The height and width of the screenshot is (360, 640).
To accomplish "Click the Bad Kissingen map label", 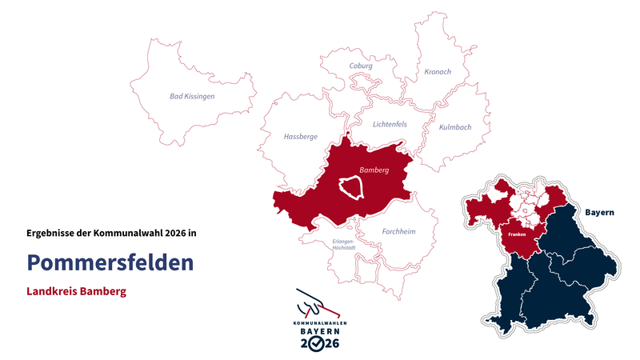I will click(192, 96).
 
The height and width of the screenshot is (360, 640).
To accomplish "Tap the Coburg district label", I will click(361, 66).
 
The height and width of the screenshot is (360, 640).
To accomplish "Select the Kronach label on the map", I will click(437, 72).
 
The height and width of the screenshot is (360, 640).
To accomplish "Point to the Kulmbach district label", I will click(454, 127).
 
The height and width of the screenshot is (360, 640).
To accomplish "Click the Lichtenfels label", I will click(390, 124).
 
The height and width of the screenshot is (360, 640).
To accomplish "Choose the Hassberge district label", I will click(300, 137).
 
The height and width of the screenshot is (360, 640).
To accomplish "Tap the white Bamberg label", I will click(374, 170).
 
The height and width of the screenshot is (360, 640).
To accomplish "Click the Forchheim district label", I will click(398, 232).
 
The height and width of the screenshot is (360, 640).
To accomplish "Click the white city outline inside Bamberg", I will click(352, 187).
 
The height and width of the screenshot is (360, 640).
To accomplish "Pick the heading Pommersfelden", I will click(110, 262).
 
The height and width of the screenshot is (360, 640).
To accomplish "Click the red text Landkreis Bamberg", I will click(76, 291).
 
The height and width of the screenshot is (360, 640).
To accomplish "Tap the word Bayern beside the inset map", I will click(599, 213).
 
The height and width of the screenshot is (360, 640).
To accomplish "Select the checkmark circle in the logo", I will click(319, 342).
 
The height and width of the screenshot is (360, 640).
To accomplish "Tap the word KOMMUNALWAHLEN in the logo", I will click(320, 322).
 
